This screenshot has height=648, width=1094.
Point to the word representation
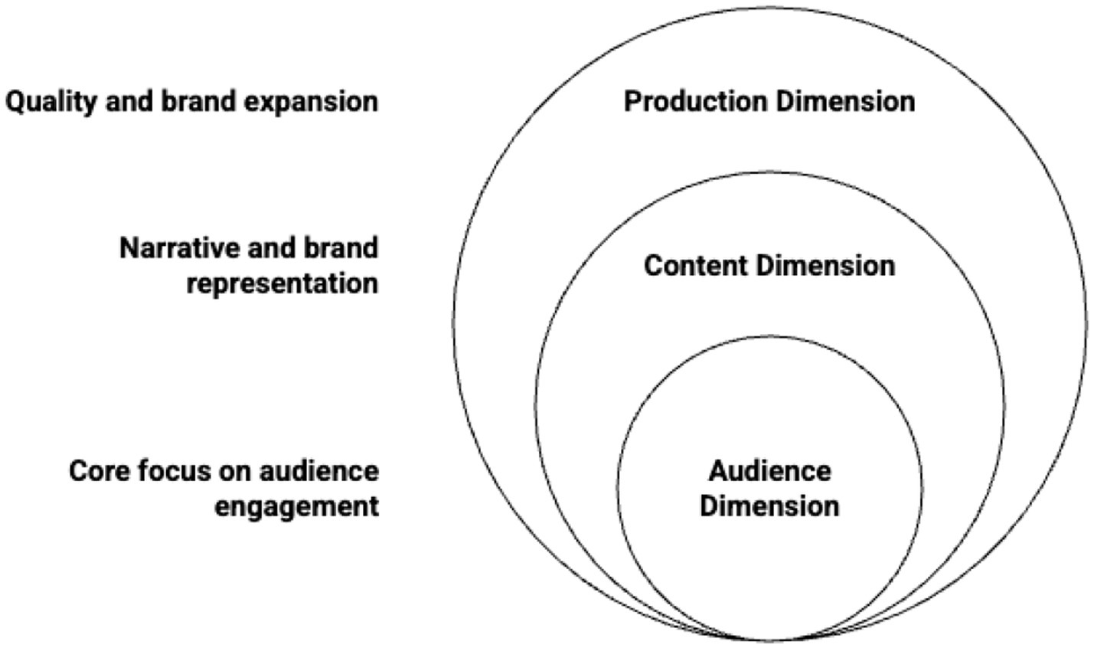point(282,283)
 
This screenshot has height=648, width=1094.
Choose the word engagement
point(296,506)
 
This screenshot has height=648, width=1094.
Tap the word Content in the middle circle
point(697,266)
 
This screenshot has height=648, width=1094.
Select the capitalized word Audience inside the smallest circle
point(769,470)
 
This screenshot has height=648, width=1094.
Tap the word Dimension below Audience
point(769,506)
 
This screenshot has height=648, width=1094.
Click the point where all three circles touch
point(769,639)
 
